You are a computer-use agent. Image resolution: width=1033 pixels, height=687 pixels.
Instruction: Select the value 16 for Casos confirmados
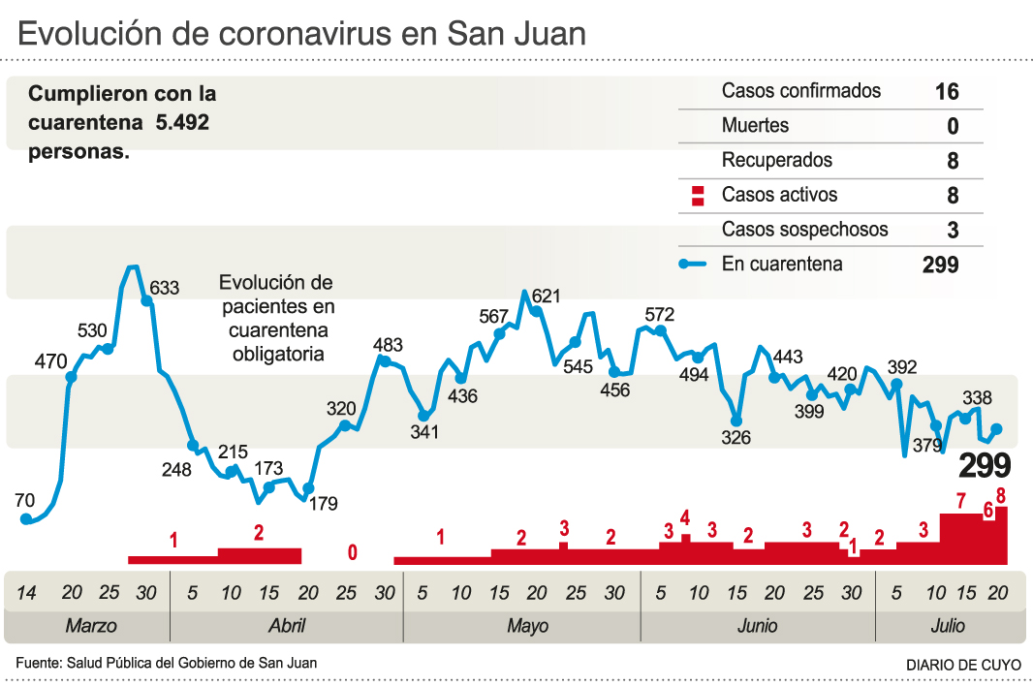coord(947,91)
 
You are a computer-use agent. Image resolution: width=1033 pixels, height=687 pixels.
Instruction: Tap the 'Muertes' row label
coord(755,125)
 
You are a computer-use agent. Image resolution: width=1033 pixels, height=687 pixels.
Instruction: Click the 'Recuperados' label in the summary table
coord(776,160)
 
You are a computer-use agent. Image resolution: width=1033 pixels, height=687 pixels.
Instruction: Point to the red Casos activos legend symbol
coord(696,196)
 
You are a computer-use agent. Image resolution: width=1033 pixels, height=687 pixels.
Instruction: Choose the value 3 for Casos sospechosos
coord(953,231)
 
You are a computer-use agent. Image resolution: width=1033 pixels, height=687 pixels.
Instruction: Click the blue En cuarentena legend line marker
coord(696,264)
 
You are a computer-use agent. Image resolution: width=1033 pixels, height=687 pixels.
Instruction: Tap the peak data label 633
coord(165,288)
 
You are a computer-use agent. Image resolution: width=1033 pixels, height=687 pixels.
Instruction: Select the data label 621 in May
coord(547,297)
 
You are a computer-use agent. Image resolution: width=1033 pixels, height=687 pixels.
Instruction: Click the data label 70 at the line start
coord(25,500)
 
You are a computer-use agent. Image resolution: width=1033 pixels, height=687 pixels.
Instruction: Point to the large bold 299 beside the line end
coord(985,466)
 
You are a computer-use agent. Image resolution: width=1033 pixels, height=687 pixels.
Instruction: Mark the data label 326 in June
coord(736,438)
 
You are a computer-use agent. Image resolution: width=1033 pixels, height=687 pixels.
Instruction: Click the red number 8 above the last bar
coord(1001,495)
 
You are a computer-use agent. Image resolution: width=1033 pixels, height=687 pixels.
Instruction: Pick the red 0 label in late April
coord(352,553)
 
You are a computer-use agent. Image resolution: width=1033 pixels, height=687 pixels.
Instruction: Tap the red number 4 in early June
coord(685,517)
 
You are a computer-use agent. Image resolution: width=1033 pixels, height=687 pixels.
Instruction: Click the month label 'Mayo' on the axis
coord(527,626)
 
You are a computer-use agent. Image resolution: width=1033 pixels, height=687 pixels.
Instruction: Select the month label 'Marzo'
coord(91,626)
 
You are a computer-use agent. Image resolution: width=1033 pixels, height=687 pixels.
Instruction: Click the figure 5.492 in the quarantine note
coord(182,123)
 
